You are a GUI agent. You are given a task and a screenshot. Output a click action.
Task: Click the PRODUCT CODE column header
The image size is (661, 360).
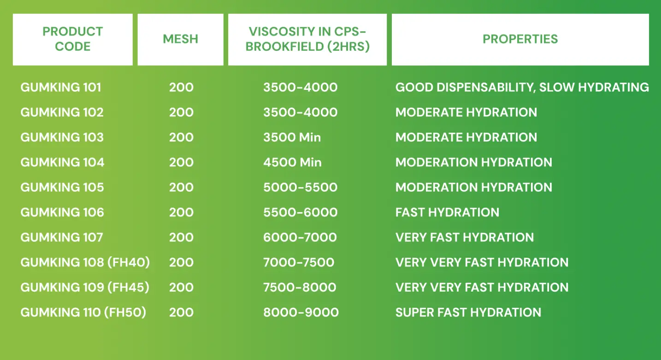coord(72,39)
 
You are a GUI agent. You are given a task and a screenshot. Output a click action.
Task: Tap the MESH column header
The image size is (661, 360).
coord(180,39)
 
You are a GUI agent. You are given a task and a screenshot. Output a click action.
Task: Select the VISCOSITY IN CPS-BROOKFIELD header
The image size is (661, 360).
coord(307,39)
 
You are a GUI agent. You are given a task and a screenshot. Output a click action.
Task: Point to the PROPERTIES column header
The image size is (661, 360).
coord(520,39)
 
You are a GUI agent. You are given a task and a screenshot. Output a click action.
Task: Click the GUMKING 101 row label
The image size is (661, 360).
coord(61,87)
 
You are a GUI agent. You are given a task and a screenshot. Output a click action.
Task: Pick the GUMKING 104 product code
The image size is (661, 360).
coord(62,162)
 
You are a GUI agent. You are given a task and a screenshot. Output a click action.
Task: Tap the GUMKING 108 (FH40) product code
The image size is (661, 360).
coord(85,262)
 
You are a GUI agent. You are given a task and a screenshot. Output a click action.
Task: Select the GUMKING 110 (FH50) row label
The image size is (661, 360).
coord(83,312)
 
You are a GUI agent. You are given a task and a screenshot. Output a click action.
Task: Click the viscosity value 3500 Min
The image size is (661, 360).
coord(292,137)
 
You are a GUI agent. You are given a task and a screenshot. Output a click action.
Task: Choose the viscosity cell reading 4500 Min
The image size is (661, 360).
coord(292,162)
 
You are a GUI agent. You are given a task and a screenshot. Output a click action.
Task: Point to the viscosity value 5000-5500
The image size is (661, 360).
coord(300,187)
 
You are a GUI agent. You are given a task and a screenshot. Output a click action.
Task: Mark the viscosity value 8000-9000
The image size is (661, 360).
coord(301,312)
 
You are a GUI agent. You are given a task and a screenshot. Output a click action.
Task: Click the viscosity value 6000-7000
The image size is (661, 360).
coord(300,237)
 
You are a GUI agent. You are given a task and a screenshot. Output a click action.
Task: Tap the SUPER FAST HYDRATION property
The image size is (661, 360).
coord(468,312)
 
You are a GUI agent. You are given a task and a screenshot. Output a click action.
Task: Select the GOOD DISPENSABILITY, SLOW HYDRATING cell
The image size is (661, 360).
coord(522,87)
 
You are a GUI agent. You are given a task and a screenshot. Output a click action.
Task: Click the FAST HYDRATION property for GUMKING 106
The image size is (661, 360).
coord(447,212)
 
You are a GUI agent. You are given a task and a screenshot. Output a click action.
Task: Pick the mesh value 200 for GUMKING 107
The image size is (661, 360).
coord(181,237)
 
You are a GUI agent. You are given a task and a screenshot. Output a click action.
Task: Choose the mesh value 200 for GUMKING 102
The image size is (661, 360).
coord(181,112)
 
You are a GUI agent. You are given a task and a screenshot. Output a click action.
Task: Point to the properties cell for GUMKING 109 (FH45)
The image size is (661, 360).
coord(482,287)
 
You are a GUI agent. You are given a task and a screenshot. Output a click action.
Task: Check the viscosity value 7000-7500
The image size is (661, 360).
coord(299,262)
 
